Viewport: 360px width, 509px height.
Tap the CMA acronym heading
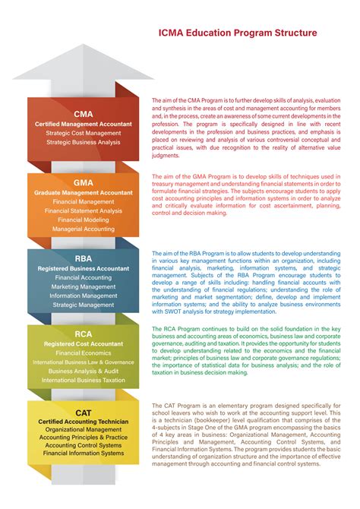84,114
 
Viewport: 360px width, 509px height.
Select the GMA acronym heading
84,183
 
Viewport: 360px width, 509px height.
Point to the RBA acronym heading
84,258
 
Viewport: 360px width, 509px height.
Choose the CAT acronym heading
83,411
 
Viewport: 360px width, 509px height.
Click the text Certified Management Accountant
84,124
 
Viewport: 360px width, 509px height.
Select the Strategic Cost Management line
84,133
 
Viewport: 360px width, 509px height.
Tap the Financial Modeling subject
84,220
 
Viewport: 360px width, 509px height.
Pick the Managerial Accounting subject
84,229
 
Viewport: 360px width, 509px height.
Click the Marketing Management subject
84,287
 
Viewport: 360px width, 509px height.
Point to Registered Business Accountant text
84,268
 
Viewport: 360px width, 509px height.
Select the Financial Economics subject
84,353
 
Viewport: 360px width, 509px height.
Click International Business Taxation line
84,380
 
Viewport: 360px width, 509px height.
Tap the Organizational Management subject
83,429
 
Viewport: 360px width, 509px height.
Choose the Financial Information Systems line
83,454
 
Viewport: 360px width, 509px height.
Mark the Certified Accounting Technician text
83,421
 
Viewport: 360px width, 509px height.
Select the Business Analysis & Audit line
84,371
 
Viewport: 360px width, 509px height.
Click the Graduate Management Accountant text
84,193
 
